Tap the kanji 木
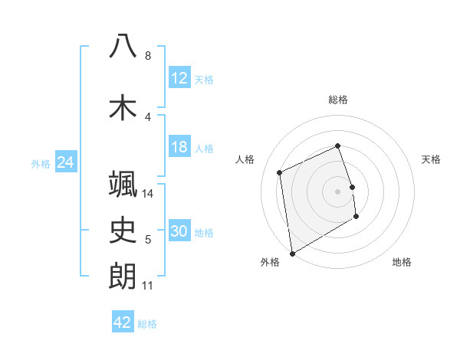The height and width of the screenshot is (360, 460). [123, 106]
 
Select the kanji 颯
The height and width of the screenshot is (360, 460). [123, 185]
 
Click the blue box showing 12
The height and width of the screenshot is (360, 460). [179, 77]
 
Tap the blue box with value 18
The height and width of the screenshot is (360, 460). [179, 147]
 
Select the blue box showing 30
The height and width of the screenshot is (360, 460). [179, 231]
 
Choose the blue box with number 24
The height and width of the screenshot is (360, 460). [66, 162]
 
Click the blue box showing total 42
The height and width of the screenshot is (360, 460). [123, 322]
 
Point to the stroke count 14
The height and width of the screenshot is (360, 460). [148, 194]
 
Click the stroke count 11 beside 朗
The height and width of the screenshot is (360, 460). [147, 286]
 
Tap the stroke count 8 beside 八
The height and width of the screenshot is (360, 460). [147, 56]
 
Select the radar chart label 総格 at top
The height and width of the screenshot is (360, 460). [338, 100]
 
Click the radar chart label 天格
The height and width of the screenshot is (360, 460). [432, 159]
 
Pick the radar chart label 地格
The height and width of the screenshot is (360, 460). [402, 262]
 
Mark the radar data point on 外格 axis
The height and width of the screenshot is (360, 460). [291, 253]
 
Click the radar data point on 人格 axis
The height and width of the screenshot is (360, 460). [280, 172]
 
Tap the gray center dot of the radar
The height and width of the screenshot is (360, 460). [338, 191]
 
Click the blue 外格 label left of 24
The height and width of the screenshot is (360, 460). [41, 163]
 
